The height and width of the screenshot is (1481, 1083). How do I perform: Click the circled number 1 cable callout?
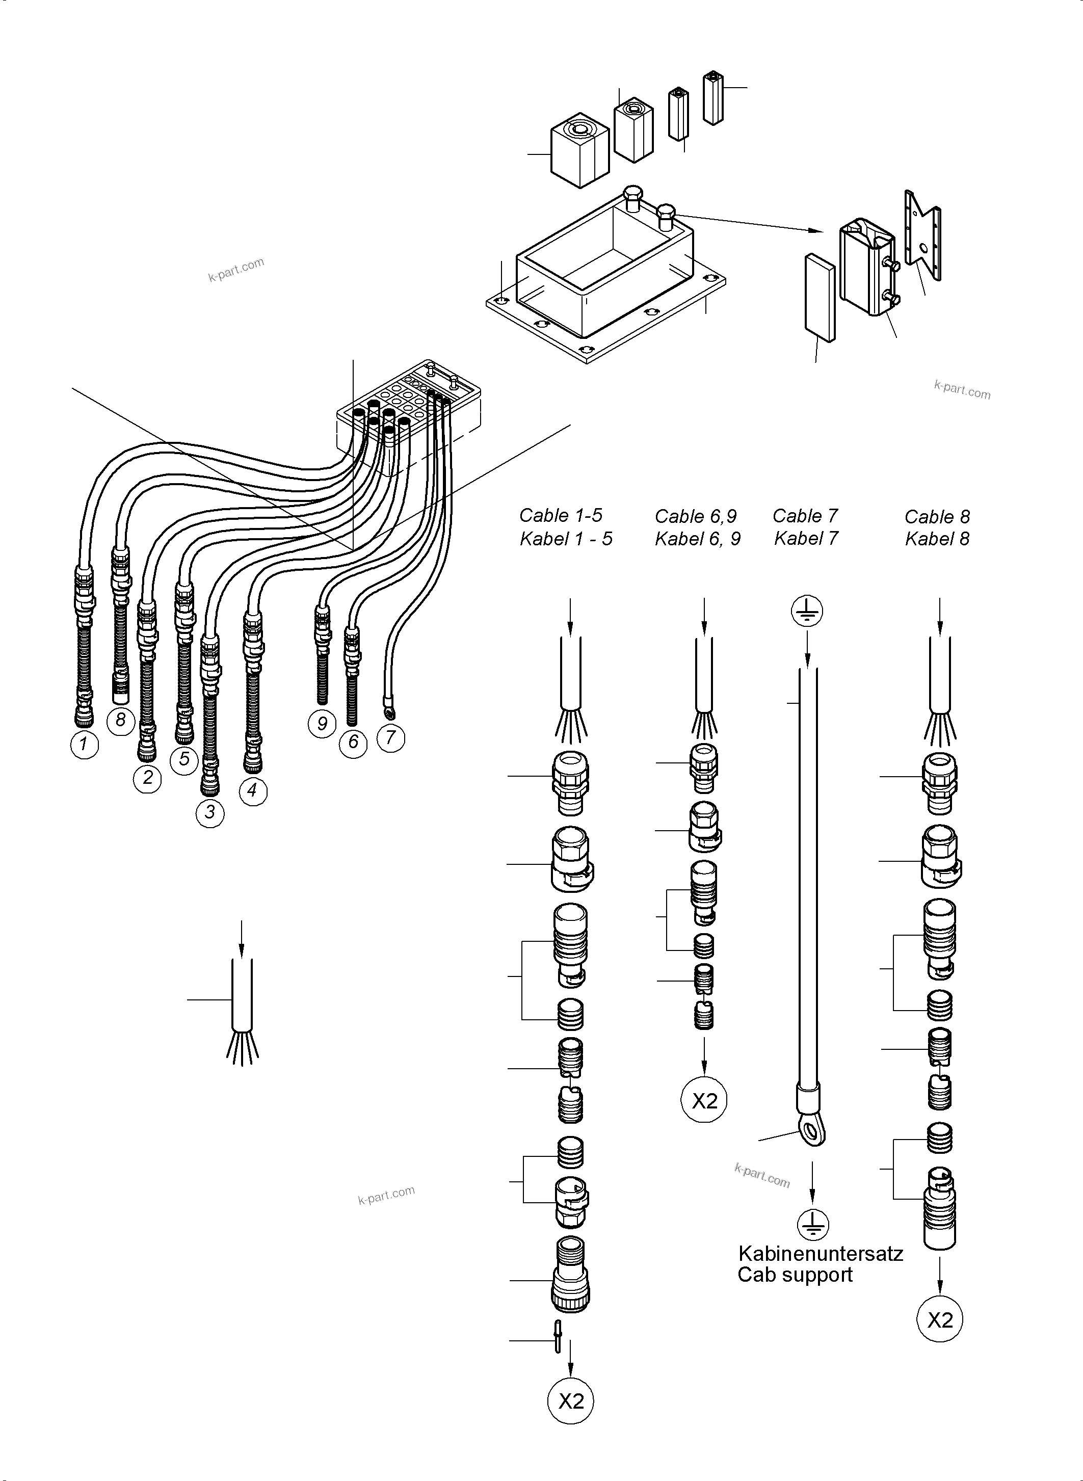[84, 745]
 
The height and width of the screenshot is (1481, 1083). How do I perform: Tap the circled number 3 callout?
[210, 813]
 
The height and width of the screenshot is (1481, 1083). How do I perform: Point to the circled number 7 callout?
[391, 737]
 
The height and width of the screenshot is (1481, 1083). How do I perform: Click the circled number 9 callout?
[322, 724]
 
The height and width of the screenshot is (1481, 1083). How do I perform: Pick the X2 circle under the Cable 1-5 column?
[570, 1401]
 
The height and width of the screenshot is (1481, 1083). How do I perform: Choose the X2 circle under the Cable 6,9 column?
[704, 1101]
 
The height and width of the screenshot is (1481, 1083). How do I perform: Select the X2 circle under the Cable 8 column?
[939, 1320]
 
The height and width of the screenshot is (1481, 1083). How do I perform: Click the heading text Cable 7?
[805, 516]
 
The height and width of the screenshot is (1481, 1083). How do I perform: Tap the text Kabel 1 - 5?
[566, 539]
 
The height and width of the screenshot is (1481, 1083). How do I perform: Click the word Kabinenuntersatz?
[820, 1254]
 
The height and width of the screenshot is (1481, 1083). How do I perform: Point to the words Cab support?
[795, 1275]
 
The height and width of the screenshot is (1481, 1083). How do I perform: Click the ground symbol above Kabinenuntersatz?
[813, 1225]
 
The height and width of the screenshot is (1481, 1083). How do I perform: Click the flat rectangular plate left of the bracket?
[820, 298]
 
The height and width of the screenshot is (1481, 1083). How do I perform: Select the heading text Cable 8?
[937, 517]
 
